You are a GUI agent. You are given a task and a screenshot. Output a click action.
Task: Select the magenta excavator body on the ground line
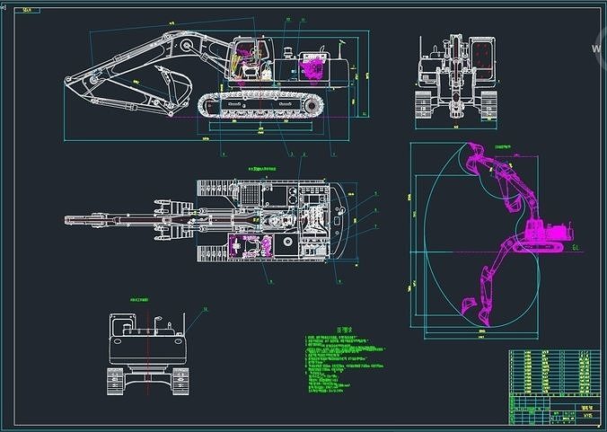pyautogui.click(x=544, y=233)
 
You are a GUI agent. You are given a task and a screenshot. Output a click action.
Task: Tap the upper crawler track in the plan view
pyautogui.click(x=256, y=186)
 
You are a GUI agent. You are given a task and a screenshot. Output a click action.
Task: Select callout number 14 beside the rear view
pyautogui.click(x=205, y=309)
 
